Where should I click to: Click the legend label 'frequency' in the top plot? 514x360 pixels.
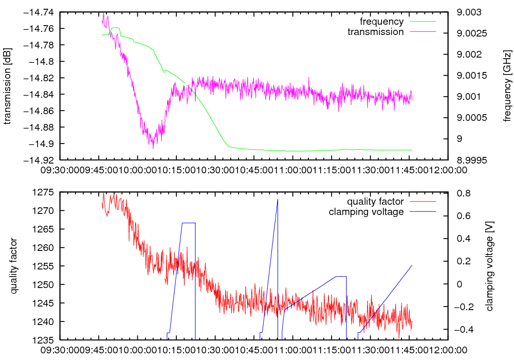tap(381, 22)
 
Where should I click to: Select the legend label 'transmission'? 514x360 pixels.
tap(376, 31)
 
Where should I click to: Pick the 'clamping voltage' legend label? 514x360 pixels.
tap(366, 211)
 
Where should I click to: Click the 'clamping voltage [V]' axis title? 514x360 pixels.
tap(489, 266)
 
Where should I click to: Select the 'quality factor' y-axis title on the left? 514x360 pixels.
tap(14, 266)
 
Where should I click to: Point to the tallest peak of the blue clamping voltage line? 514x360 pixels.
tap(278, 199)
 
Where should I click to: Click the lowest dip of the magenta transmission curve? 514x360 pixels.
tap(153, 148)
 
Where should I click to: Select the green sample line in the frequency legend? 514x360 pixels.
tap(423, 22)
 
